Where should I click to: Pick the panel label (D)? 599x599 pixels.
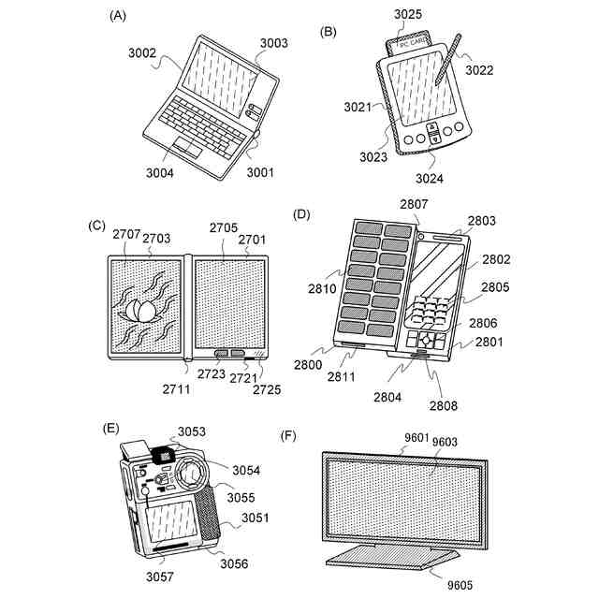301,214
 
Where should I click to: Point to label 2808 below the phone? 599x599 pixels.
445,405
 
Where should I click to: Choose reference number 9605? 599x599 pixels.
460,585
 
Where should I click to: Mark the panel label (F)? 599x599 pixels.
290,437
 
